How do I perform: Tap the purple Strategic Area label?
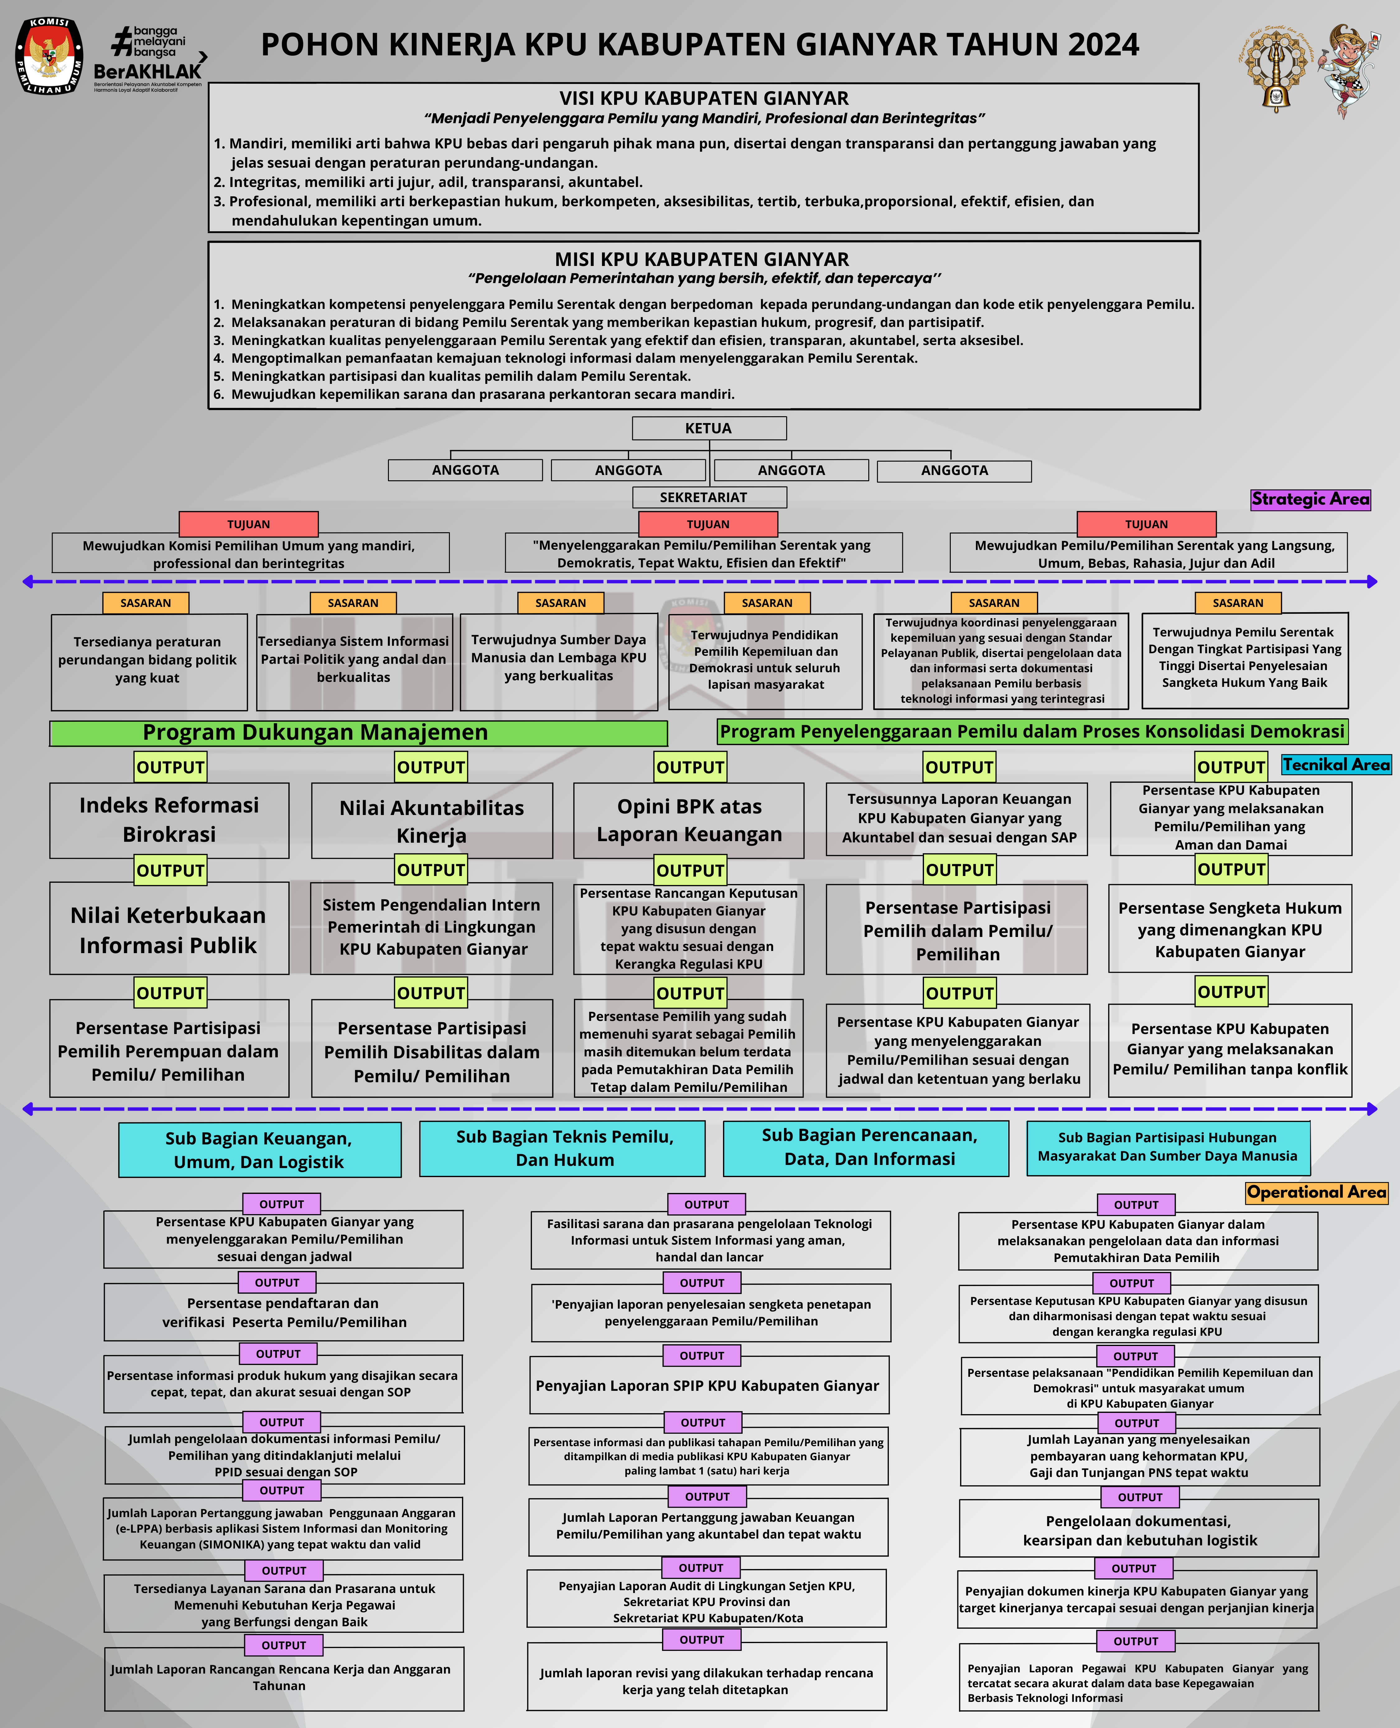tap(1310, 499)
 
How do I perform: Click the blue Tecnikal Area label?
tap(1336, 764)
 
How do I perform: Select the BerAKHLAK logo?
tap(149, 59)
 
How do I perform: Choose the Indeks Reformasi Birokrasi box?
tap(169, 820)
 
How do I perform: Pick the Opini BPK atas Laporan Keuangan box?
tap(689, 820)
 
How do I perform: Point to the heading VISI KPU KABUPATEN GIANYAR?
tap(704, 98)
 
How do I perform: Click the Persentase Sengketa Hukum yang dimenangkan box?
tap(1230, 930)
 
